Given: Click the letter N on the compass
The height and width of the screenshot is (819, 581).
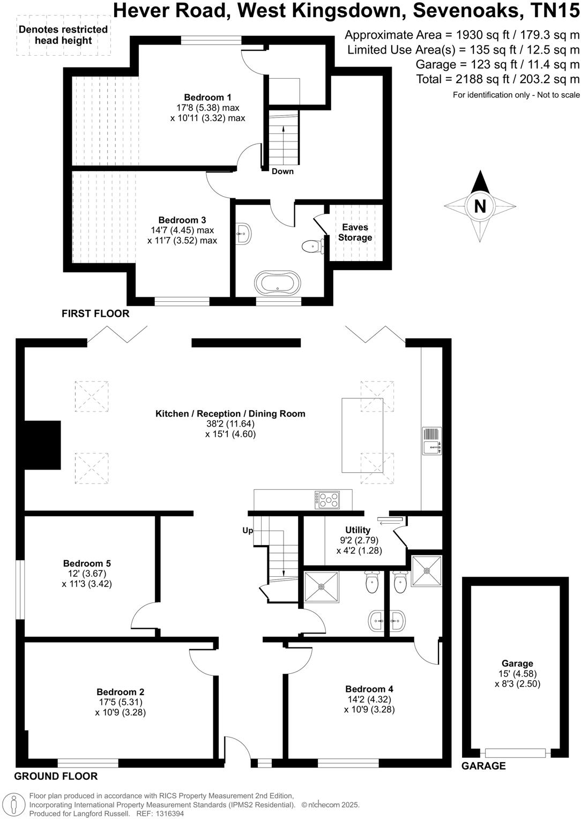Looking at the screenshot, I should pos(480,206).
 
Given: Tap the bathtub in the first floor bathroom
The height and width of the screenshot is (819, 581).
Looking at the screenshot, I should pos(278,282).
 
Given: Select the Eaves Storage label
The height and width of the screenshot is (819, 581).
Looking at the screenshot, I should pos(355,232).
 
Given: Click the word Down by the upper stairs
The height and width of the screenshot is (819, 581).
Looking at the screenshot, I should pos(282,172).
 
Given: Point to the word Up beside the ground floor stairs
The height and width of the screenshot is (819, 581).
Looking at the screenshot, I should pos(248,531).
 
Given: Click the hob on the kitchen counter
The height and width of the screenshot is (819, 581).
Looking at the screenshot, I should pos(327,500).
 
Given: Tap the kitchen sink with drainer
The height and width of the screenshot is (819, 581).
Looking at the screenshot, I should pos(431,441).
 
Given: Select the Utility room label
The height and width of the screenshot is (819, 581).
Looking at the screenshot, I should pos(357,530).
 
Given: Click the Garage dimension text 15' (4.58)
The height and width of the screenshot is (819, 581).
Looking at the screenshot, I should pos(517,674).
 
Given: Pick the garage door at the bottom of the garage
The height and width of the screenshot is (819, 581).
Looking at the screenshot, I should pos(516,753).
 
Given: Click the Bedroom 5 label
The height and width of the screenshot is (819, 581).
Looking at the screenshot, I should pos(87,563).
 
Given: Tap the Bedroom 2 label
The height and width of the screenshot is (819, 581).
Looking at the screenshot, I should pos(120,692).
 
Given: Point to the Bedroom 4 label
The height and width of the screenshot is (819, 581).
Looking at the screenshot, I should pos(369,689).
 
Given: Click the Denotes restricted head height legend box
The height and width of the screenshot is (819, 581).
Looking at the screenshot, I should pos(63,35).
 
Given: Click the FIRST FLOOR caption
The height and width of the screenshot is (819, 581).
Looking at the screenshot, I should pos(95,314).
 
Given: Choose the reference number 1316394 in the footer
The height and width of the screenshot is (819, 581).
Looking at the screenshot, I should pos(169,814).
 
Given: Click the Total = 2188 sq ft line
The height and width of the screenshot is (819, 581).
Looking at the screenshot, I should pos(498,79).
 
